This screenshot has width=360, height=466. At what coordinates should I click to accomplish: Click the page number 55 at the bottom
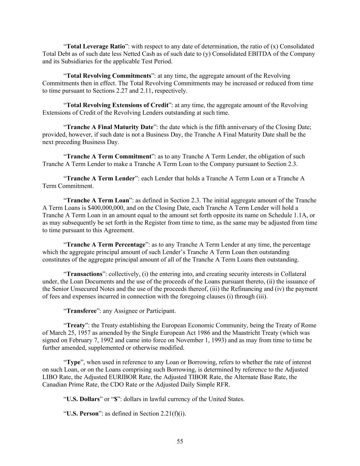180,441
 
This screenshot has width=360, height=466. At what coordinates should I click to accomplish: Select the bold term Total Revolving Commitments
109,76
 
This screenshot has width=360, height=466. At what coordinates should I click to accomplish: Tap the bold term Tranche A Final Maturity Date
110,127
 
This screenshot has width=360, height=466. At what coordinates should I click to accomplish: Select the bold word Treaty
75,326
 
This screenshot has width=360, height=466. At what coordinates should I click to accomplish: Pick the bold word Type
73,362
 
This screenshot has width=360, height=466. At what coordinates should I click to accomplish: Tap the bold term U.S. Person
82,414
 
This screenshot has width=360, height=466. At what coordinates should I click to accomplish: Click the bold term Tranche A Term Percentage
106,245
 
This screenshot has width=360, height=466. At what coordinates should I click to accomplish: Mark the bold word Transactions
84,274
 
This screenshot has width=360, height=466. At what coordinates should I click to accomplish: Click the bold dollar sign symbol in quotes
115,399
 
